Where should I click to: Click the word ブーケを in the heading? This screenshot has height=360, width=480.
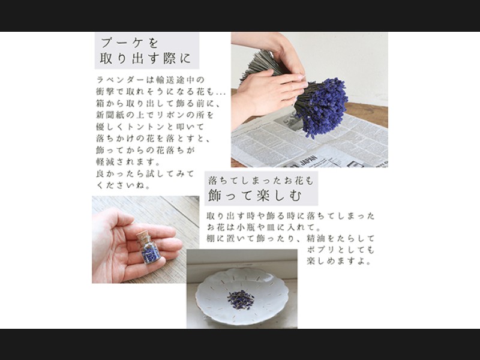pyautogui.click(x=129, y=43)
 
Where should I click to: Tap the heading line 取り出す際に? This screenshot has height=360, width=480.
pyautogui.click(x=145, y=58)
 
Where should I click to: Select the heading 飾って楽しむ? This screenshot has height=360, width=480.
pyautogui.click(x=255, y=196)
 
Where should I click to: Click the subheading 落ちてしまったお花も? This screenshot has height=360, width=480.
pyautogui.click(x=261, y=181)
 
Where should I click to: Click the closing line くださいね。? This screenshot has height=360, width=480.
pyautogui.click(x=124, y=185)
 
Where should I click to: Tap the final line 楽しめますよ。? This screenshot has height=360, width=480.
pyautogui.click(x=339, y=262)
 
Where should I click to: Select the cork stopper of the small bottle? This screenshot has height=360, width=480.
pyautogui.click(x=143, y=236)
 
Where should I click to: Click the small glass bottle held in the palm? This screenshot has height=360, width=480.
pyautogui.click(x=148, y=247)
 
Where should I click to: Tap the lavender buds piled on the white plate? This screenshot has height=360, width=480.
pyautogui.click(x=241, y=299)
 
